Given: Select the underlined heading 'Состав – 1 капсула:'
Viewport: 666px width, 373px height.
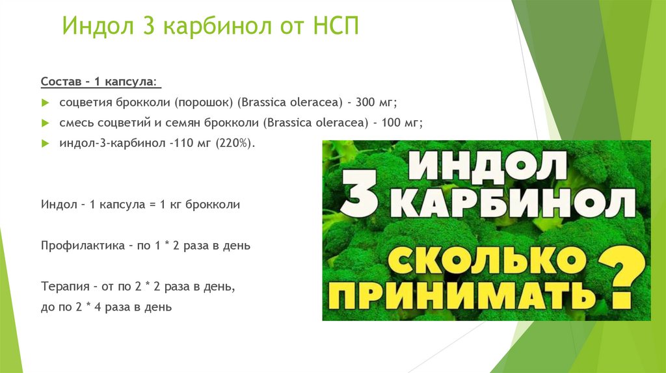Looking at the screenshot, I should pyautogui.click(x=99, y=83).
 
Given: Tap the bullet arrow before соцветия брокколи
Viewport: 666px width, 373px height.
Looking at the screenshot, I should pyautogui.click(x=44, y=103).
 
